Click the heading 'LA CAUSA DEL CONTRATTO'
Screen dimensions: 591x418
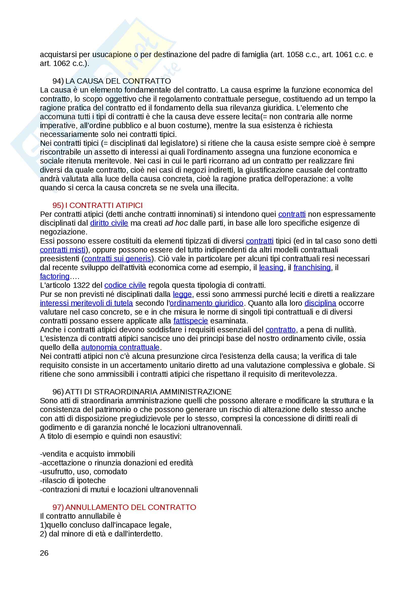[118, 81]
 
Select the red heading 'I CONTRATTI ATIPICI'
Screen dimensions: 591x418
[104, 205]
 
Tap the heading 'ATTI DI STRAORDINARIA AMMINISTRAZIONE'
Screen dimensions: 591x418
[148, 392]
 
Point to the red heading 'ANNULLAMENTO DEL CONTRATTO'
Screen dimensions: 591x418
[130, 507]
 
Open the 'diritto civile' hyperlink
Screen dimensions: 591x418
[109, 223]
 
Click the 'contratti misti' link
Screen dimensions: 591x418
[62, 250]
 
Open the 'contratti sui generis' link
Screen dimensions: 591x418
[117, 259]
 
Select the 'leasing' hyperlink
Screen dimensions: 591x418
[271, 267]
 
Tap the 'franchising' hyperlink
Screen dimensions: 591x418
[312, 267]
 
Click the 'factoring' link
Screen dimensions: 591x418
[55, 276]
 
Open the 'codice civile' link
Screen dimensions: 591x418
[125, 285]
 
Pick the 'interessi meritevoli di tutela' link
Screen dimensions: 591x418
[86, 303]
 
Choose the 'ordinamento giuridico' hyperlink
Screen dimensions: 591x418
[207, 303]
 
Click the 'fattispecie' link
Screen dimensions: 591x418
[191, 321]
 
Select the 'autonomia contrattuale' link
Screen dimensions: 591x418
[120, 347]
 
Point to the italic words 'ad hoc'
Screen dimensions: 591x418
[176, 223]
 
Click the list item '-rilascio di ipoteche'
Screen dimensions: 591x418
[73, 481]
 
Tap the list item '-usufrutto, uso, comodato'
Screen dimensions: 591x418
[84, 471]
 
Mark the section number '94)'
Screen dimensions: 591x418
[58, 81]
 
